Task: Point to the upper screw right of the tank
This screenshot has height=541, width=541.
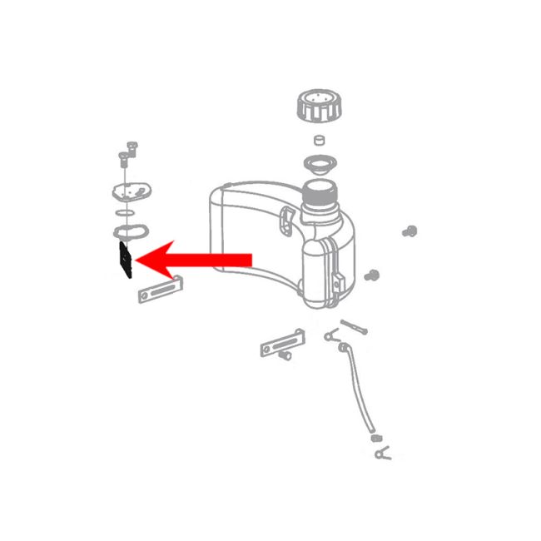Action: click(409, 230)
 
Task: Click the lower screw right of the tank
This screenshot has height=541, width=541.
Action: click(375, 275)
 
